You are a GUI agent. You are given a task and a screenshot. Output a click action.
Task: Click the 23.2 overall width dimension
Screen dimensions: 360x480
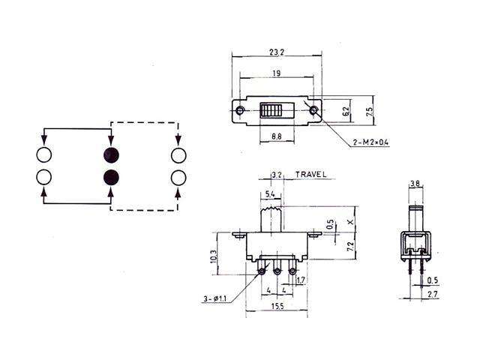click(x=275, y=52)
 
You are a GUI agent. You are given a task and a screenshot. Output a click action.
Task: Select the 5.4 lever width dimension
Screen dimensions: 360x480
click(x=269, y=194)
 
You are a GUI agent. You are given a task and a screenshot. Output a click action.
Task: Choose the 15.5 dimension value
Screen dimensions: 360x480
click(x=277, y=307)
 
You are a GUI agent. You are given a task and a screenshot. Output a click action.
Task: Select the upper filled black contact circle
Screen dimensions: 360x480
click(x=111, y=155)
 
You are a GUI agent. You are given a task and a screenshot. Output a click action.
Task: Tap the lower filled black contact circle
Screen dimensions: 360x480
click(x=111, y=178)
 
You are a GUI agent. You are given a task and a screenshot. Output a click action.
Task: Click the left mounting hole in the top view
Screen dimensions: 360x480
click(x=240, y=112)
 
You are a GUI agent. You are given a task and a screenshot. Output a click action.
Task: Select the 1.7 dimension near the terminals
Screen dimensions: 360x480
click(x=301, y=282)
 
